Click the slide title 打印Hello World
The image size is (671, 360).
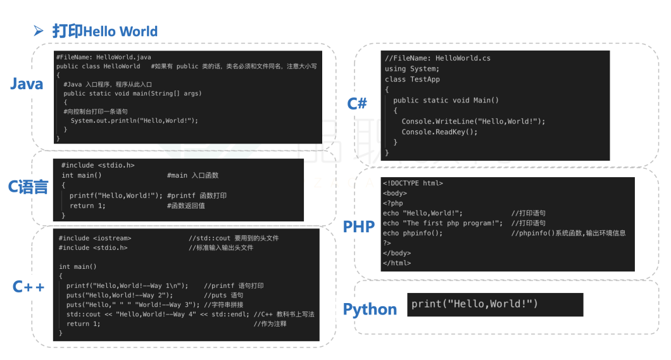click(x=104, y=31)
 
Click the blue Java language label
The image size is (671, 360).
click(x=27, y=84)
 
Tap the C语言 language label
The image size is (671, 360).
click(x=28, y=187)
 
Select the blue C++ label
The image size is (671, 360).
click(x=28, y=287)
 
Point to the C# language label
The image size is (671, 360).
click(x=357, y=103)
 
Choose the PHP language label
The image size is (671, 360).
click(x=359, y=227)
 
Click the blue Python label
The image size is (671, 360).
click(x=370, y=309)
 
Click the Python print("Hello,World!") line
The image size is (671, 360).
click(x=474, y=304)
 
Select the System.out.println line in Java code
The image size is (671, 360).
click(x=134, y=120)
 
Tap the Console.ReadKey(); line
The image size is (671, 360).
click(x=439, y=132)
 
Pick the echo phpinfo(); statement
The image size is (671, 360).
click(x=413, y=233)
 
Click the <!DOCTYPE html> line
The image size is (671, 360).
click(x=413, y=183)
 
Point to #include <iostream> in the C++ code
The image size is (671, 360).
click(x=95, y=238)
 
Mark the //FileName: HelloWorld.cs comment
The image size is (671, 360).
click(x=437, y=58)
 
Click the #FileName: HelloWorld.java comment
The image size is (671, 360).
click(x=104, y=57)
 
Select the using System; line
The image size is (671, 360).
click(x=411, y=68)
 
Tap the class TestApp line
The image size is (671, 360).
click(x=412, y=79)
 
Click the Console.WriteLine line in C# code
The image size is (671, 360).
click(x=473, y=121)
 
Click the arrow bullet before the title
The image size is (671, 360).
click(x=39, y=31)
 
